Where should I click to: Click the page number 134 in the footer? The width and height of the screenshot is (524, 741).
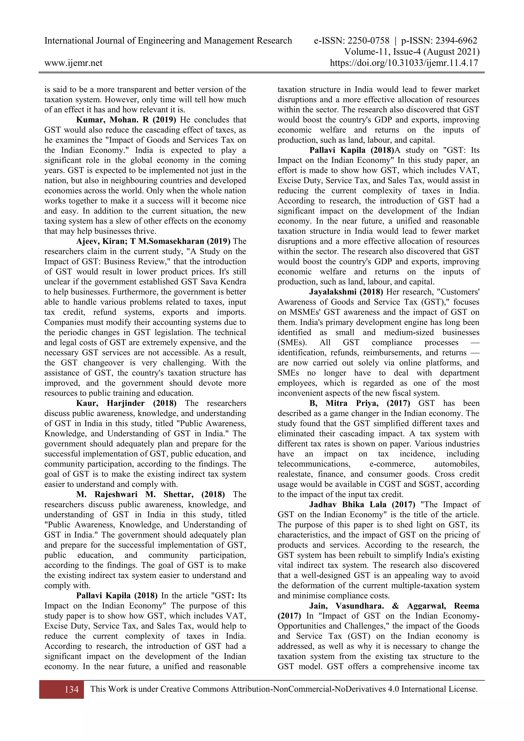(71, 689)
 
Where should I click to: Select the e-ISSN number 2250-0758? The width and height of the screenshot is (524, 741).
(369, 41)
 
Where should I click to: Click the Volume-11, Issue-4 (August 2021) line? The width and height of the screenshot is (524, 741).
(412, 52)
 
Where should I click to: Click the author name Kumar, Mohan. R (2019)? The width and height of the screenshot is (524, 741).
(126, 120)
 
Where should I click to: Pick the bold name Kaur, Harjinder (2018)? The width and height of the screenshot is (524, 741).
(126, 403)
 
